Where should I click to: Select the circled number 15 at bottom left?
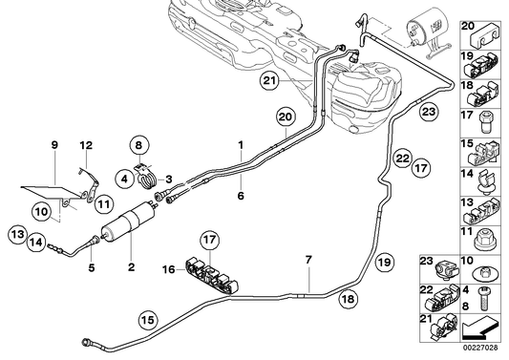click(148, 321)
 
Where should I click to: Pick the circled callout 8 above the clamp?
click(138, 147)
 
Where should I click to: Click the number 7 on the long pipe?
click(308, 260)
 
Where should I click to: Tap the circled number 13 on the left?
click(17, 232)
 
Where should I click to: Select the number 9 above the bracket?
click(53, 145)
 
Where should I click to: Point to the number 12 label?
click(86, 145)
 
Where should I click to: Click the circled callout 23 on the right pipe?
click(429, 114)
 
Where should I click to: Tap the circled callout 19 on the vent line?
click(383, 261)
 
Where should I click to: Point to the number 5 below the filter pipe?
click(92, 268)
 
